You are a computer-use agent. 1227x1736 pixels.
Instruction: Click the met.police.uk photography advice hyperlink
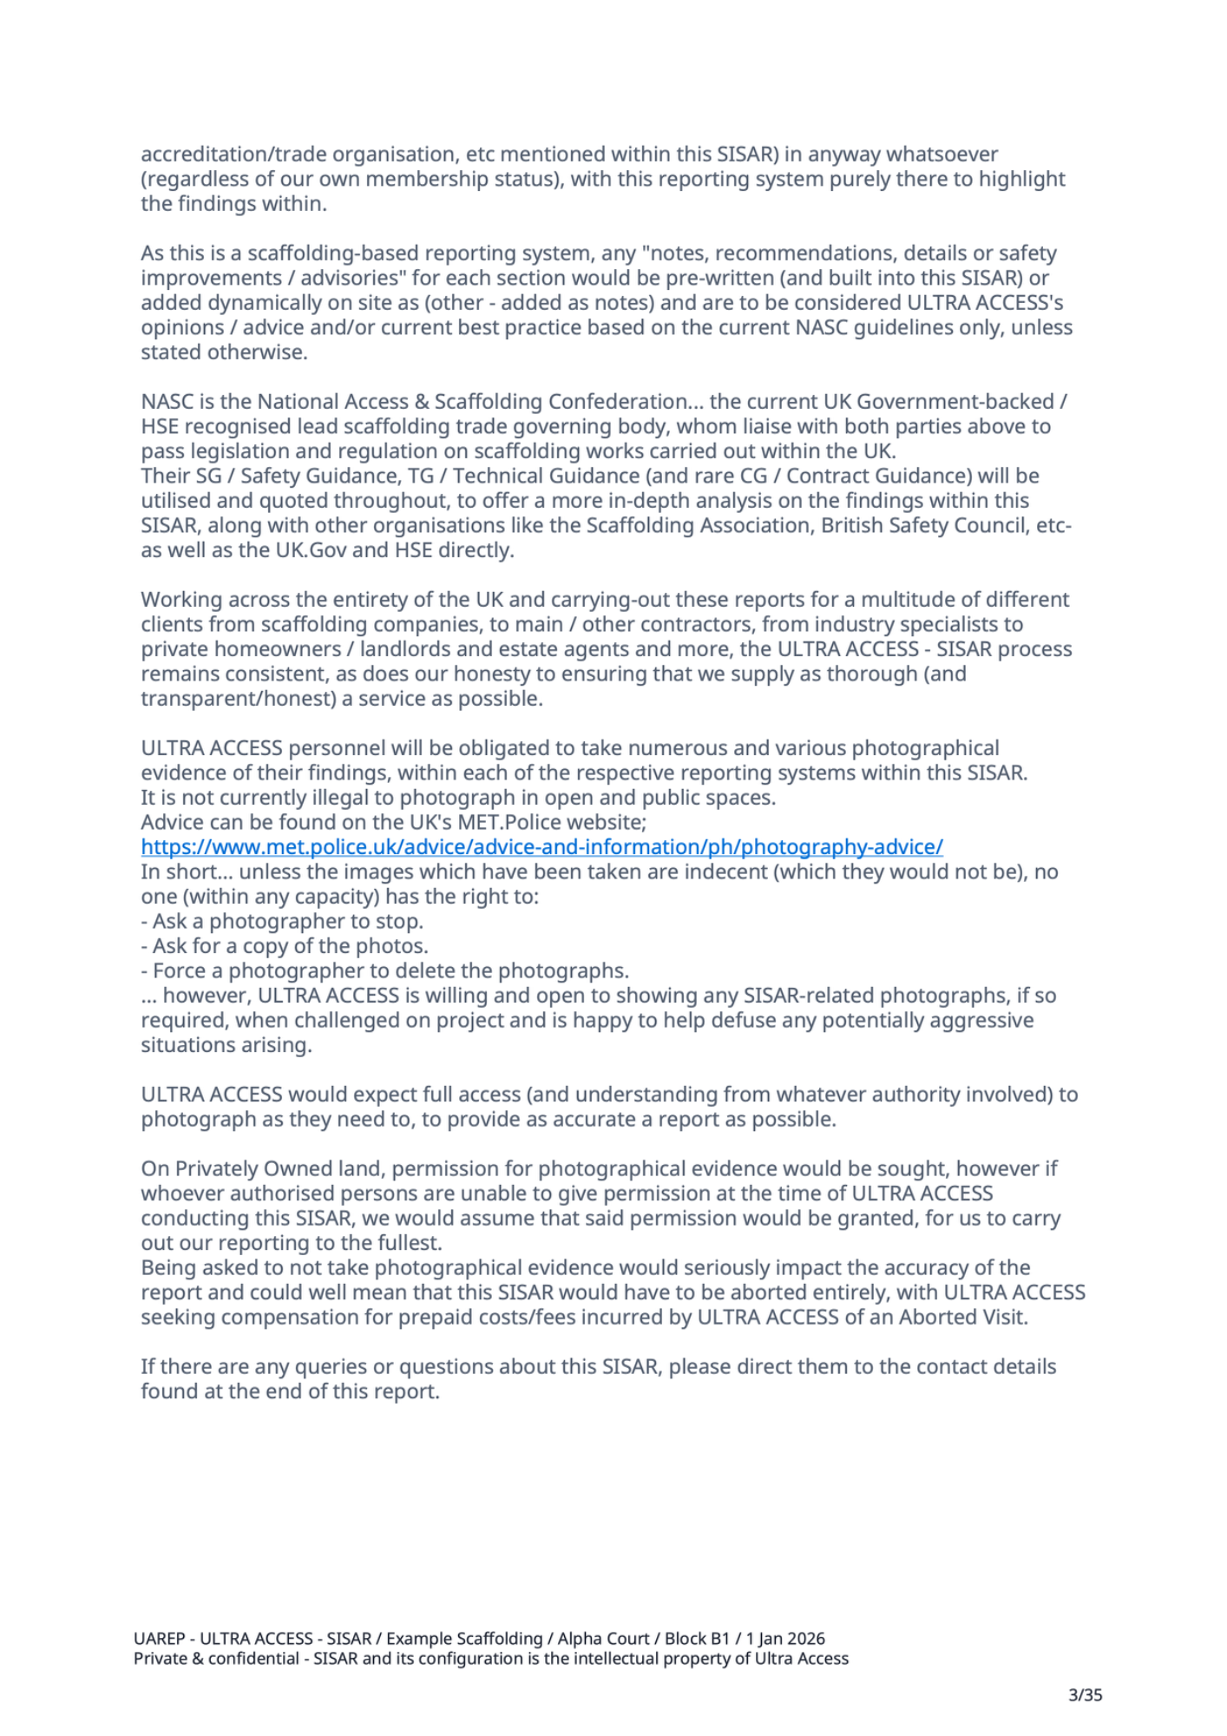(541, 847)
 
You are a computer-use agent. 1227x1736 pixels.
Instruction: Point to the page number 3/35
(1085, 1694)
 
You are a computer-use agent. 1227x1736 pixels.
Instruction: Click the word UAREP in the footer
(160, 1639)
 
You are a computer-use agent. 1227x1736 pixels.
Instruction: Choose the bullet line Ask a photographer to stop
(282, 922)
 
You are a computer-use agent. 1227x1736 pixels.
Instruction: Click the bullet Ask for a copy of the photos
(285, 946)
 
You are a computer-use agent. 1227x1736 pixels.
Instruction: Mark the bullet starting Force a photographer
(385, 971)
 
